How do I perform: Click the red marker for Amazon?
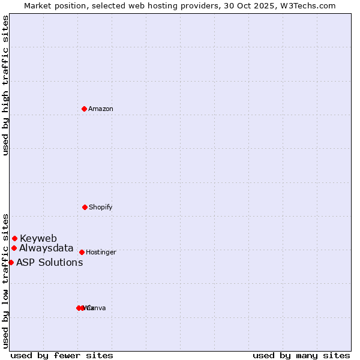[x=85, y=109]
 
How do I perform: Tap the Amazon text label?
[x=101, y=109]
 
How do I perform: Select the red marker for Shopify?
[x=85, y=207]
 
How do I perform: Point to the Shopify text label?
[x=101, y=207]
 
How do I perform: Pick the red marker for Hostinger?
[x=82, y=252]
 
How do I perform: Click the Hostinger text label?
[x=101, y=252]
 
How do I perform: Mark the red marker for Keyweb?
[x=14, y=238]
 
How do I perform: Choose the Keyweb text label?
[x=38, y=238]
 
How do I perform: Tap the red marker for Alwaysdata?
[x=14, y=248]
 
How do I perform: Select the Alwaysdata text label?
[x=46, y=248]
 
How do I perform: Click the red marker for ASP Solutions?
[x=11, y=262]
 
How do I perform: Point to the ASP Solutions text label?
[x=49, y=262]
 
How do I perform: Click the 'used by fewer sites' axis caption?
[x=62, y=355]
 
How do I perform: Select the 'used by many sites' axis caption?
[x=301, y=355]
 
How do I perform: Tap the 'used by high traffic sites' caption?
[x=5, y=85]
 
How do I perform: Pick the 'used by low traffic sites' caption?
[x=5, y=280]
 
